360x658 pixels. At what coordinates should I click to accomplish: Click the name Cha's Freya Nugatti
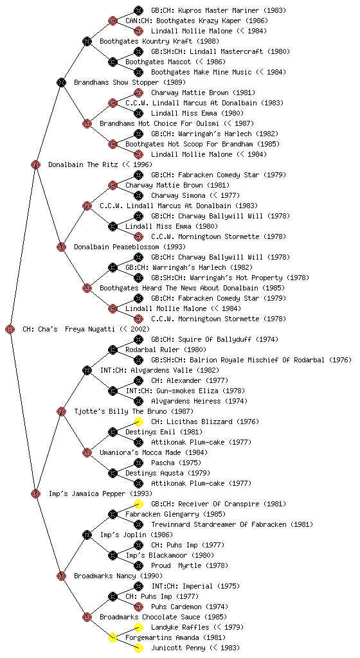[x=75, y=330]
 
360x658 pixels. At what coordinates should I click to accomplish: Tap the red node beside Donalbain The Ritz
[x=35, y=165]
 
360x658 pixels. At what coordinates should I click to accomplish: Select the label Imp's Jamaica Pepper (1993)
[x=100, y=494]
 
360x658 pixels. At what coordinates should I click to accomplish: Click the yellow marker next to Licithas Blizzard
[x=138, y=422]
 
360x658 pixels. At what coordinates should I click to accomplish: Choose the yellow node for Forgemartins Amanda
[x=113, y=638]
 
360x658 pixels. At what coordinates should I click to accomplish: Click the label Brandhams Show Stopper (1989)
[x=130, y=83]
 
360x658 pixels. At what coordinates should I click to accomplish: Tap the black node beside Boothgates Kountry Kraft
[x=87, y=41]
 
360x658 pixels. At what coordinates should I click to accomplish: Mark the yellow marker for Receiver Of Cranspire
[x=138, y=504]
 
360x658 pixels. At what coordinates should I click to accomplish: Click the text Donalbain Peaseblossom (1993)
[x=130, y=247]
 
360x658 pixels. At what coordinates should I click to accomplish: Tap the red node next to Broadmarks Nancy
[x=61, y=576]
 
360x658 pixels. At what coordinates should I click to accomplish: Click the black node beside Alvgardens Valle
[x=87, y=371]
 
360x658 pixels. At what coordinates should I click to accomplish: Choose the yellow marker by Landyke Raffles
[x=138, y=627]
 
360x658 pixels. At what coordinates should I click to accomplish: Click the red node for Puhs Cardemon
[x=138, y=607]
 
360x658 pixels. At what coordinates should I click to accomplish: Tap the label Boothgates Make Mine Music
[x=201, y=72]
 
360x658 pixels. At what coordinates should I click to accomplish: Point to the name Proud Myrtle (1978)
[x=190, y=565]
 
